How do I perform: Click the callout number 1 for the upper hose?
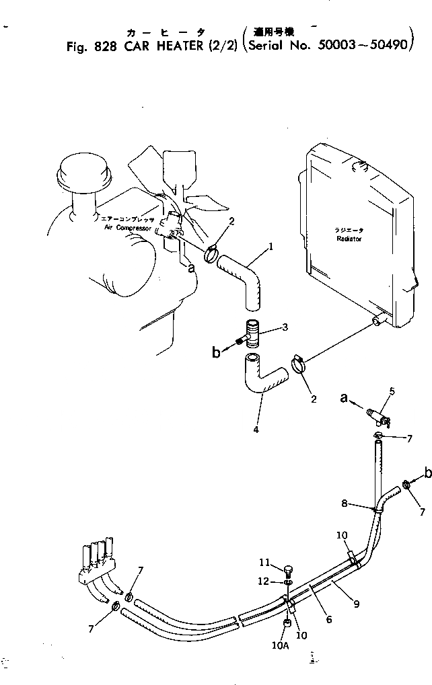click(271, 246)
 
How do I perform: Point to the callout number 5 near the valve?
click(392, 391)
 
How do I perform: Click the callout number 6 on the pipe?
click(328, 619)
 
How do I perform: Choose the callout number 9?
click(356, 604)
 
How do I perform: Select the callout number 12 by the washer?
click(265, 581)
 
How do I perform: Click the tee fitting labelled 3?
click(253, 333)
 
